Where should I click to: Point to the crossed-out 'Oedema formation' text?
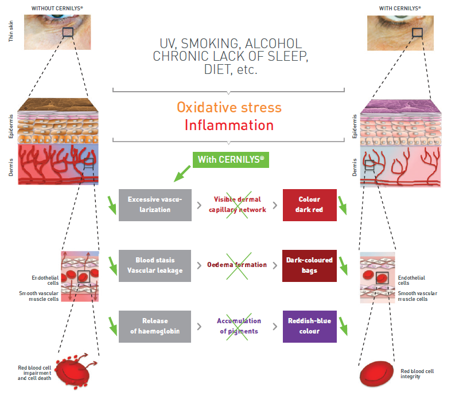coord(237,265)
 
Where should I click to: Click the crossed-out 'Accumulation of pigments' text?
coord(239,326)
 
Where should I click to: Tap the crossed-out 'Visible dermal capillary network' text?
coord(240,205)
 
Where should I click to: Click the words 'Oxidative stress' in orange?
coord(229,107)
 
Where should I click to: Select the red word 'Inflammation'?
coord(229,125)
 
